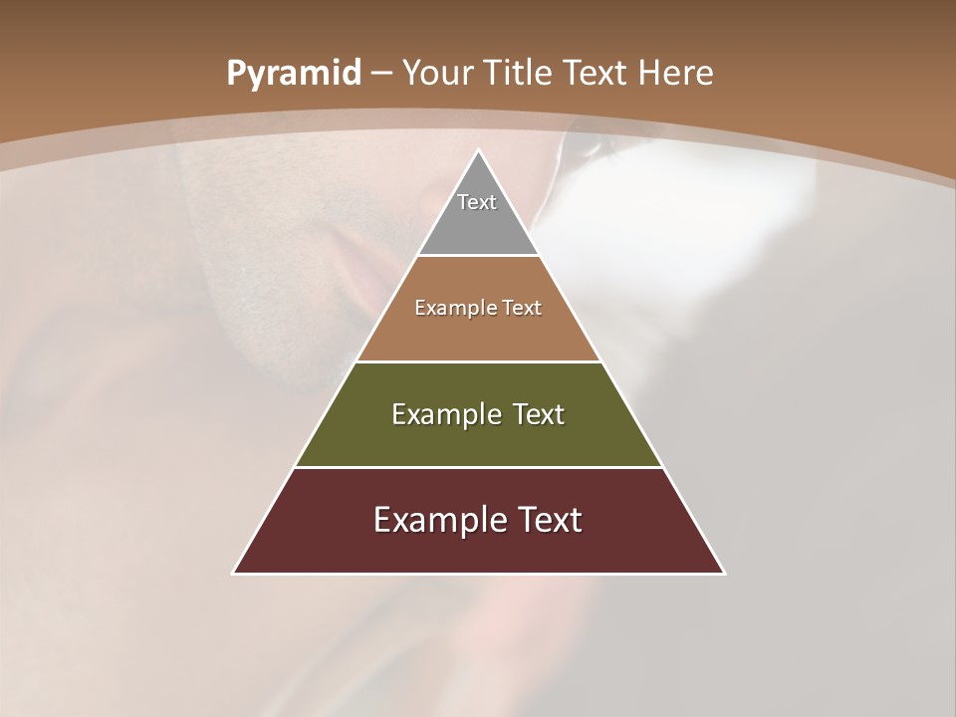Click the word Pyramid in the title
(293, 74)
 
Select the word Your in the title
(440, 73)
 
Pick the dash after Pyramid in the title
(381, 74)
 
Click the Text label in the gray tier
(477, 202)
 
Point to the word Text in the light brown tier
(522, 308)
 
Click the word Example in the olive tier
(443, 414)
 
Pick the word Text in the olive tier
(539, 414)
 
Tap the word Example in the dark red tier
(437, 520)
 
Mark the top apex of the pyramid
(478, 151)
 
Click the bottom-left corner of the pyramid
(234, 573)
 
